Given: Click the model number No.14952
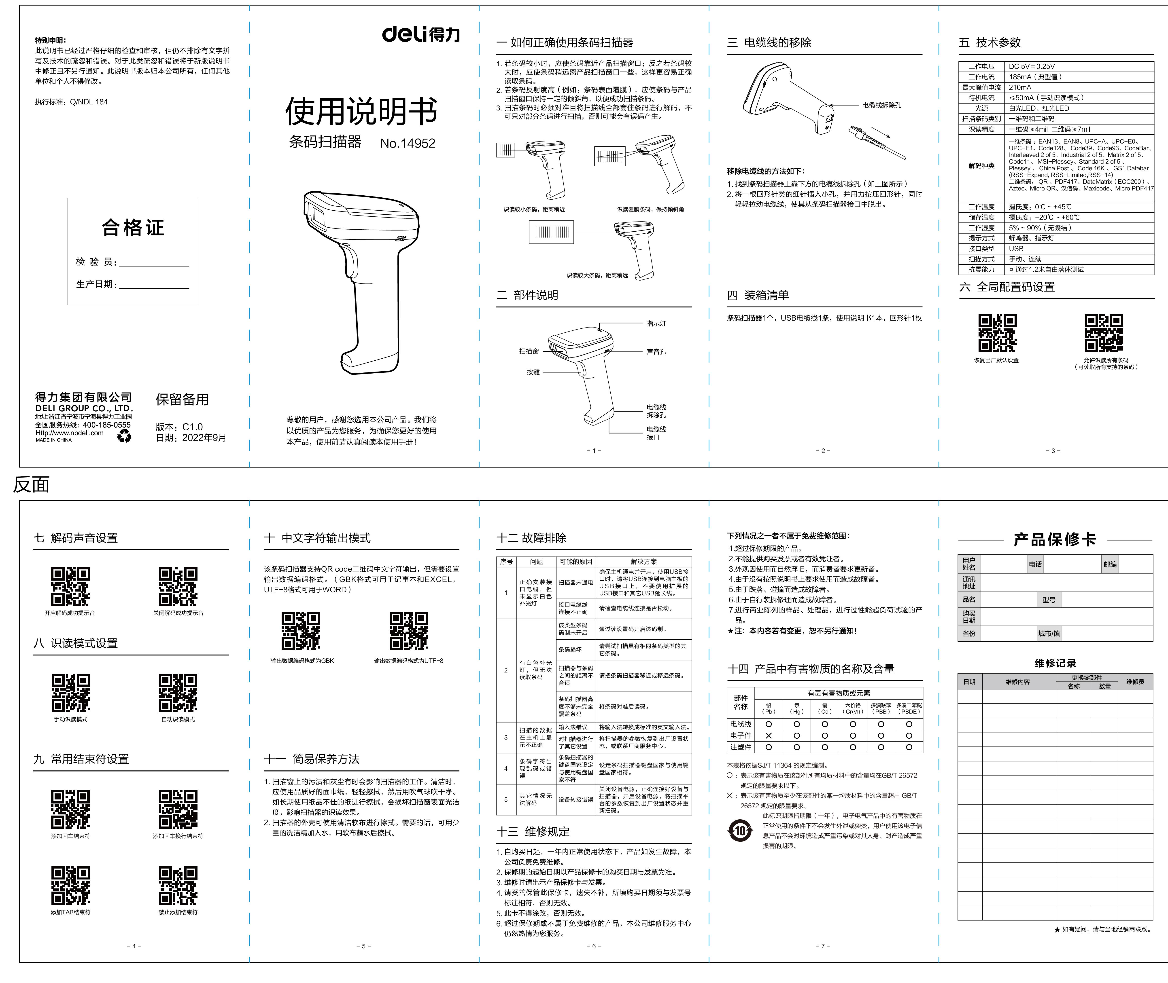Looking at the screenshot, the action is tap(408, 143).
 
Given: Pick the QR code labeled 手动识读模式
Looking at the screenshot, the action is tap(71, 693).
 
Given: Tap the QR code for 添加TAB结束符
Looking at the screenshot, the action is tap(71, 886).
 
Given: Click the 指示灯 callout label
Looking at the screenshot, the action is tap(656, 323).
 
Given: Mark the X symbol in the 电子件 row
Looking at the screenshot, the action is tap(769, 736).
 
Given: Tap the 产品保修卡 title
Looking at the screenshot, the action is tap(1055, 539).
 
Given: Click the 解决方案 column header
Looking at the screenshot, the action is tap(644, 562).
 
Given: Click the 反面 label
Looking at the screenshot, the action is tap(31, 484).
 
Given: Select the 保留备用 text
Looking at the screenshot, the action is tap(182, 400).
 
